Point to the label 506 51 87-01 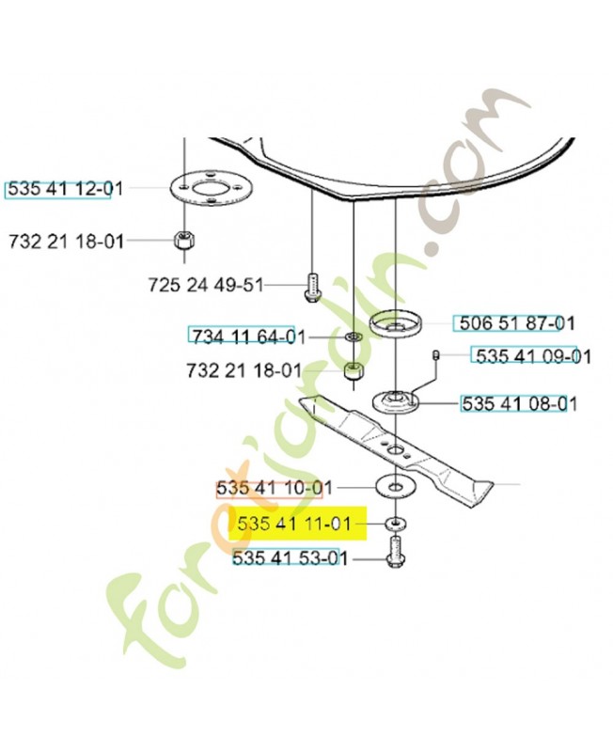click(514, 324)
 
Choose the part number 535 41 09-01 click(533, 356)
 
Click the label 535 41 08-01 click(518, 404)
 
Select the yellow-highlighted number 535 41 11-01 click(294, 523)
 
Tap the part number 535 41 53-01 click(290, 559)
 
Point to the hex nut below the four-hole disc click(184, 241)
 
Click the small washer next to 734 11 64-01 click(352, 337)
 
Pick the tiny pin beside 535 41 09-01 click(437, 354)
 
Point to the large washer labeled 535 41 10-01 click(395, 488)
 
